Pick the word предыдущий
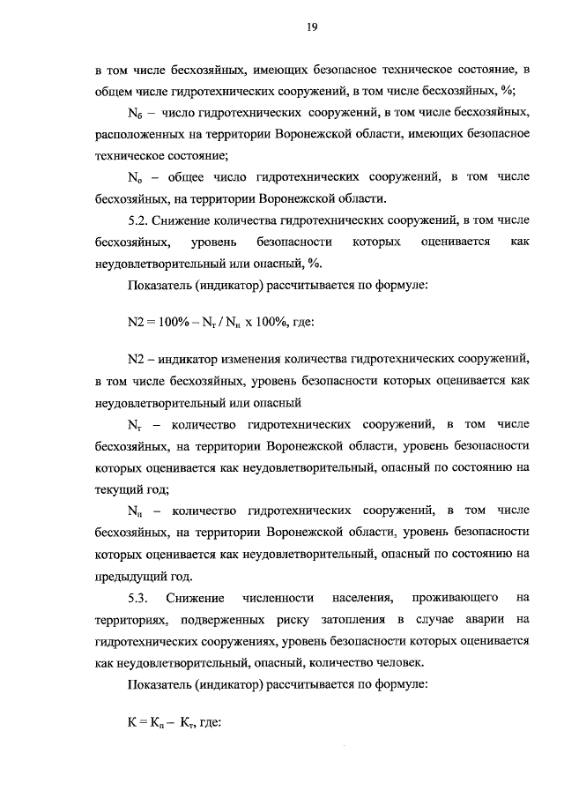130,577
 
